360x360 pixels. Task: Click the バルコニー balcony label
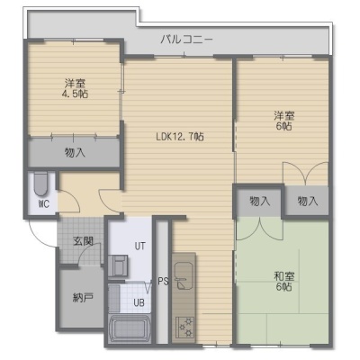point(186,40)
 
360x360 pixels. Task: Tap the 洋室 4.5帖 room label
point(75,88)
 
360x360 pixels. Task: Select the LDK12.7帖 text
point(180,137)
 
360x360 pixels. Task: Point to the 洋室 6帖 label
point(283,121)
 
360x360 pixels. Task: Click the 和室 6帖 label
point(283,282)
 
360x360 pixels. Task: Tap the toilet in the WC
point(40,184)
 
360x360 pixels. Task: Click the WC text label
point(44,204)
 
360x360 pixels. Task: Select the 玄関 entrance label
point(83,241)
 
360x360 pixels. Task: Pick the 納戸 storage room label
point(83,298)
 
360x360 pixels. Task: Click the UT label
point(139,247)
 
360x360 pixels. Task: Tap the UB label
point(139,302)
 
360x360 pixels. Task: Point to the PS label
point(164,282)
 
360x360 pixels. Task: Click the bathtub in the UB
point(129,328)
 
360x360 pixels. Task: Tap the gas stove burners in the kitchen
point(184,327)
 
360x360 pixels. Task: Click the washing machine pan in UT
point(118,265)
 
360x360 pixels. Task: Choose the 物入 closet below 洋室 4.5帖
point(75,153)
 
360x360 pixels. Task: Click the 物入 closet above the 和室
point(259,201)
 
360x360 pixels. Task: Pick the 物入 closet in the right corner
point(307,201)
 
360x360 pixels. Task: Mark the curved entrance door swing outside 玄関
point(39,237)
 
